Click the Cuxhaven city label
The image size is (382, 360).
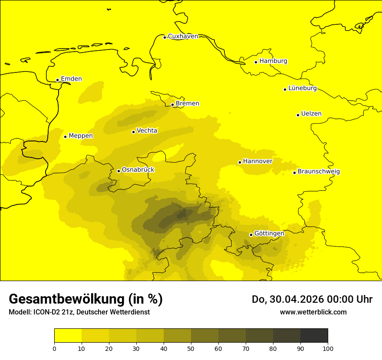click(x=183, y=36)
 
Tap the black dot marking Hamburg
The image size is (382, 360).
click(x=256, y=62)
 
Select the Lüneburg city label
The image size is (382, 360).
click(x=302, y=88)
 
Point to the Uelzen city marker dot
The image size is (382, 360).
click(x=298, y=115)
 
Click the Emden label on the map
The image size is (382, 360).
click(x=71, y=79)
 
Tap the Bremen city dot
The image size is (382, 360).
click(x=172, y=105)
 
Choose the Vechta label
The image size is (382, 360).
click(x=147, y=131)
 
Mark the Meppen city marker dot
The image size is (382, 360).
click(x=65, y=137)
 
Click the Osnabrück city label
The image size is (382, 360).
click(x=138, y=170)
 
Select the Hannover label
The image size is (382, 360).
click(x=257, y=161)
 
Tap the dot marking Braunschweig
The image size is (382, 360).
click(x=294, y=173)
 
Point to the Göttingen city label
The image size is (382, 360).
click(x=269, y=234)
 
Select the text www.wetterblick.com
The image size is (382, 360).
click(x=313, y=312)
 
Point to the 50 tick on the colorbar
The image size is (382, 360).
click(x=191, y=348)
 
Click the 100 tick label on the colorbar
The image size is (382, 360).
click(x=328, y=348)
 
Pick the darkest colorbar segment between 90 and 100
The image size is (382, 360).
click(x=314, y=336)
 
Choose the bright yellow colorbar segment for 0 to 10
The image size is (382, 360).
click(x=68, y=336)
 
